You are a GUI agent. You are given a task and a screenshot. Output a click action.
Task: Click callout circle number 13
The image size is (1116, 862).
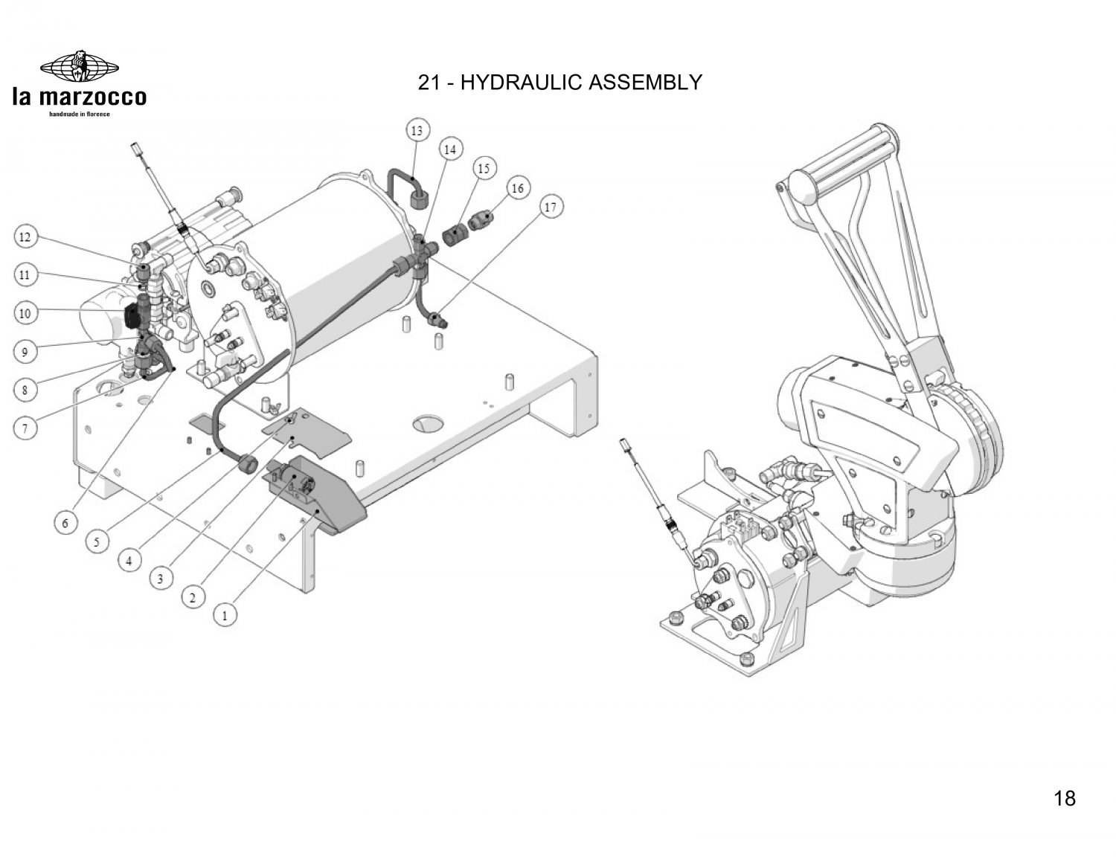417,130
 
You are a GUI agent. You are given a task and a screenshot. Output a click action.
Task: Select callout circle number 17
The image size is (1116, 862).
551,207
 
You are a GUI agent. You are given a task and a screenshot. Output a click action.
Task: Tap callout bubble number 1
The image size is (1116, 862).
225,614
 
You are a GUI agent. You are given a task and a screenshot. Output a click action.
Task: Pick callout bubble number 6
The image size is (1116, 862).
65,523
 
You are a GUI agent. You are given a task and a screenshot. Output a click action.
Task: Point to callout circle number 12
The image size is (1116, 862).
25,237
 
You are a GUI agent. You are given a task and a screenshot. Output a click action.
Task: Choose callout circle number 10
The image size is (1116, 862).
25,312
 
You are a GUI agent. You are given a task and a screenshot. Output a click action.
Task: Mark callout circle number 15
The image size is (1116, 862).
484,168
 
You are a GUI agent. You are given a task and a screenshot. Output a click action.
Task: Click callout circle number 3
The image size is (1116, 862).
161,579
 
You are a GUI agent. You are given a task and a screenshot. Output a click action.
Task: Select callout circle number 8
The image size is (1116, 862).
25,390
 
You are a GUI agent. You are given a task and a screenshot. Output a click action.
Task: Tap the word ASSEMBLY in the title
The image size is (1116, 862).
645,82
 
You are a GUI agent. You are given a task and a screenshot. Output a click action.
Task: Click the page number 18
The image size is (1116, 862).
1065,798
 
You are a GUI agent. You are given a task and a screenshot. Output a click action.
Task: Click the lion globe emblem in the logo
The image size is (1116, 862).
80,66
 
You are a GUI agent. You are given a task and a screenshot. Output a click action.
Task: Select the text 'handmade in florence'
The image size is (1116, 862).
80,114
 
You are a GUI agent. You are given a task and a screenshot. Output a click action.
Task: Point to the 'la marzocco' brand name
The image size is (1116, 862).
80,97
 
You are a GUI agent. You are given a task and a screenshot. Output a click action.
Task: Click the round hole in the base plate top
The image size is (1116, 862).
428,423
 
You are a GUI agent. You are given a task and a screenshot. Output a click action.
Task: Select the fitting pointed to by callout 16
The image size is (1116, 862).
481,222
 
